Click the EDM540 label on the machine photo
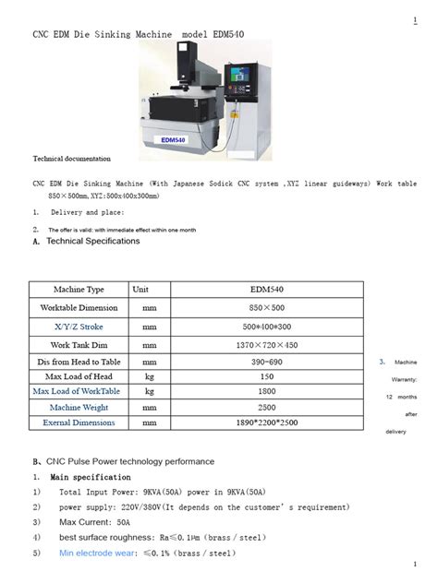173,139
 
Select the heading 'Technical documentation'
72,159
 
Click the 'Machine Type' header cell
79,289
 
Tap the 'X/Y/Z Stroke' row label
79,327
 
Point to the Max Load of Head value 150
267,376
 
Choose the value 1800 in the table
267,391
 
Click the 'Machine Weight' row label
79,407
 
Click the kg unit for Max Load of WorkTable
149,391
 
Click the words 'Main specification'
90,477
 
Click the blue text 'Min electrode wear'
95,553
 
